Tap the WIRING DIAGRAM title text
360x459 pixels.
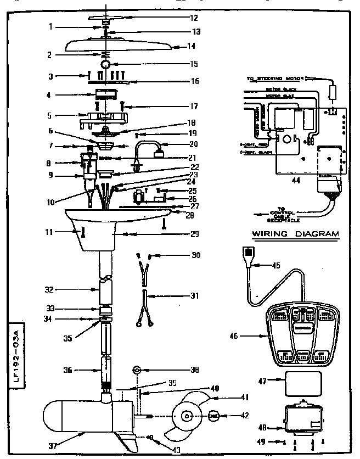point(295,234)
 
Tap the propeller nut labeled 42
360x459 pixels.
point(215,416)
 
